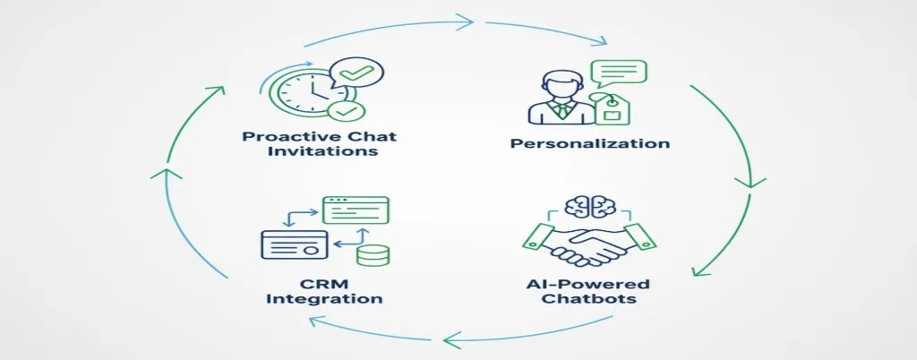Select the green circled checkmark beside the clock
pos(344,110)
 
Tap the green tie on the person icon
pos(560,110)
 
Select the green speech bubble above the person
pos(619,73)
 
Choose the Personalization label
pos(589,143)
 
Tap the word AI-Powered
pos(587,284)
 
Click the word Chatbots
pos(587,299)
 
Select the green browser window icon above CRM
pos(355,210)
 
